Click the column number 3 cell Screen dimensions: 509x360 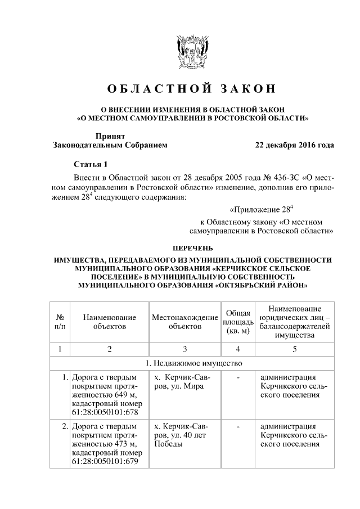[184, 349]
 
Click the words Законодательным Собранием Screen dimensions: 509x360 [110, 145]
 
